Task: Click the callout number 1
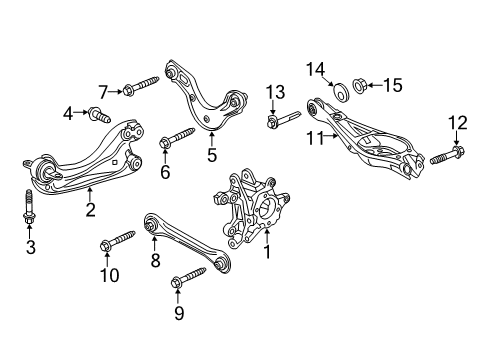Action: click(267, 252)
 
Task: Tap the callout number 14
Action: click(315, 69)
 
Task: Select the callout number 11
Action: click(315, 138)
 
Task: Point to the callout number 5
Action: click(212, 155)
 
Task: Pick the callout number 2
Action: click(90, 210)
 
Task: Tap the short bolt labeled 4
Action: click(99, 115)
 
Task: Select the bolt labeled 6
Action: click(177, 137)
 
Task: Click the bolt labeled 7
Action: click(141, 85)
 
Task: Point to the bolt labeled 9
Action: click(188, 277)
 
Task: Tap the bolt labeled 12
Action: click(447, 155)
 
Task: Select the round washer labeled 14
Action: click(341, 91)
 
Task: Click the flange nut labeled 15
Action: click(359, 86)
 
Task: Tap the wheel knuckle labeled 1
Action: click(251, 209)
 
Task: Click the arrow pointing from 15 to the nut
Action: click(375, 85)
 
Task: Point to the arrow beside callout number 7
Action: click(116, 91)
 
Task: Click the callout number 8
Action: click(155, 261)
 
